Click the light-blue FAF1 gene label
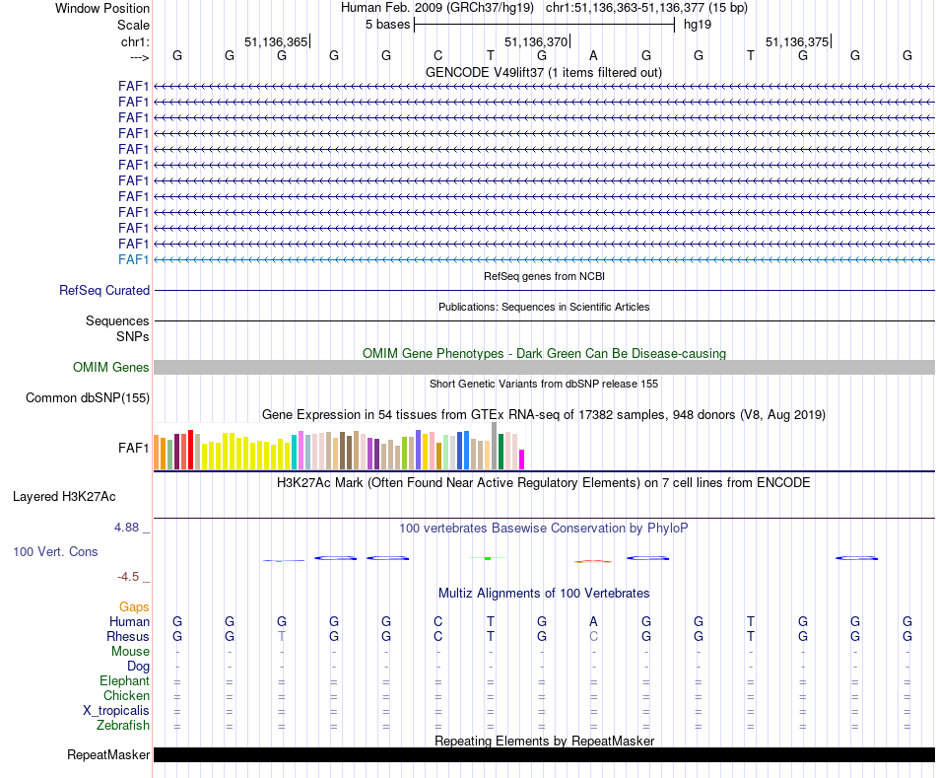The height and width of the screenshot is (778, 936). (134, 259)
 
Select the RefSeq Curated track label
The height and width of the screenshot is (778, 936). (104, 291)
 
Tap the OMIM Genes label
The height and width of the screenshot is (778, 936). (111, 368)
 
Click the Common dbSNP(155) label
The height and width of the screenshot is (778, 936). (88, 398)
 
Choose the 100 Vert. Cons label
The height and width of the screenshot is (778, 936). (55, 552)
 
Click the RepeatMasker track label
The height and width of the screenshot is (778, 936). (108, 755)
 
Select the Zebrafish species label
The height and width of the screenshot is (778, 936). (123, 726)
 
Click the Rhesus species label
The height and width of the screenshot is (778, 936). (129, 637)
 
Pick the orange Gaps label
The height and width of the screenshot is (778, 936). (134, 607)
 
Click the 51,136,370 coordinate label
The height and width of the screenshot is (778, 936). (536, 42)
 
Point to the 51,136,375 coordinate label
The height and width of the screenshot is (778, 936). (797, 42)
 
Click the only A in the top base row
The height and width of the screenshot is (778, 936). (593, 56)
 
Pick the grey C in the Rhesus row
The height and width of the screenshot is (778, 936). (593, 637)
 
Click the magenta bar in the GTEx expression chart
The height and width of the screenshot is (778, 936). (522, 460)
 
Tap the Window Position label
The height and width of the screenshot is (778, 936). (102, 8)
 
